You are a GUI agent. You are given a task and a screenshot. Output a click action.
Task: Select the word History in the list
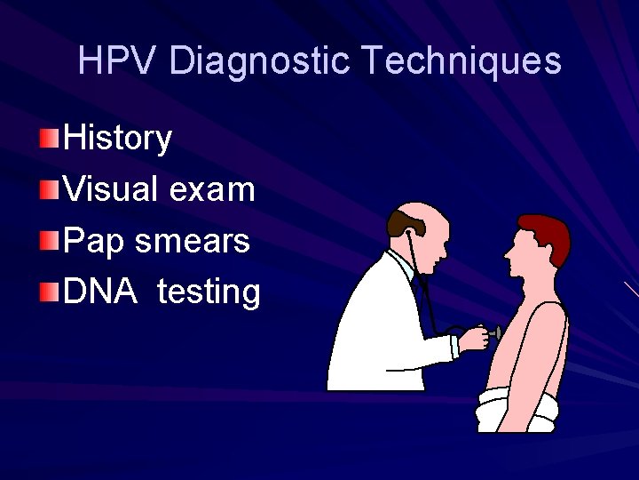tap(118, 138)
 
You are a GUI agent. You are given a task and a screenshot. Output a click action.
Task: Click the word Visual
tap(111, 188)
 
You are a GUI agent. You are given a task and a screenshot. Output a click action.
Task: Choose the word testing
tap(209, 291)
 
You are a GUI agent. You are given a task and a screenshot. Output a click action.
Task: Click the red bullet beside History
tap(51, 138)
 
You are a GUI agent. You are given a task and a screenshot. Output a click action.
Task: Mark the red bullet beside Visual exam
tap(51, 188)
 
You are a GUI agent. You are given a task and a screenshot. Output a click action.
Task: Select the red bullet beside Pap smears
tap(51, 240)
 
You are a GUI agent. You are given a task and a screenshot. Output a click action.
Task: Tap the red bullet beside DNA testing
tap(51, 291)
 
